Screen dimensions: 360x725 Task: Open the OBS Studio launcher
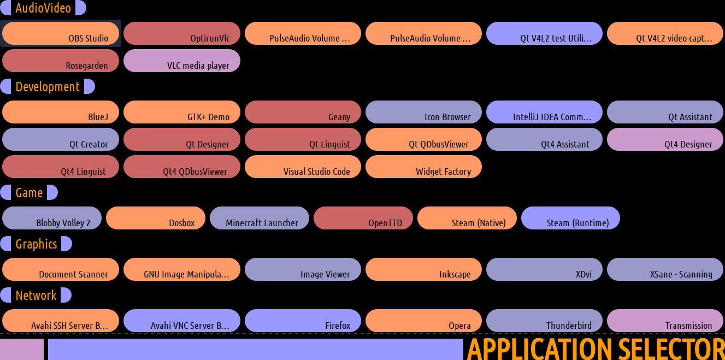coord(61,33)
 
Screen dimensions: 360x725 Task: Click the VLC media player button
coord(182,61)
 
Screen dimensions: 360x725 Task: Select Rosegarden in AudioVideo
coord(61,61)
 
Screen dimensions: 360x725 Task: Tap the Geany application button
coord(303,112)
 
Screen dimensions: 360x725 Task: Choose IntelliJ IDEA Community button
coord(544,112)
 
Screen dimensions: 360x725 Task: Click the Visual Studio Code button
coord(303,167)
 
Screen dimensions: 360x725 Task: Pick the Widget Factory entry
coord(423,167)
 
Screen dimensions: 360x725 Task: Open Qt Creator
coord(61,139)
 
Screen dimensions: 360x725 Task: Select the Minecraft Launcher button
coord(260,218)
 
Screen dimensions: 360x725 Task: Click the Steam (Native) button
coord(467,218)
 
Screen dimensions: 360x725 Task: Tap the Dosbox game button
coord(156,218)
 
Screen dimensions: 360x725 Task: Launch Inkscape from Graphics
coord(423,269)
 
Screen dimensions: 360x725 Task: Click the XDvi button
coord(544,269)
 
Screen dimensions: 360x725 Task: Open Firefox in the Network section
coord(303,321)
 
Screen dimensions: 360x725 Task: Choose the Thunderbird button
coord(544,321)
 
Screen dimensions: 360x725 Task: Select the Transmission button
coord(665,321)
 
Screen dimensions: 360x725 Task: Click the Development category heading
coord(48,87)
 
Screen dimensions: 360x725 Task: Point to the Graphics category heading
coord(36,244)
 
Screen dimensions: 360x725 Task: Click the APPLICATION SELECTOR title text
coord(596,349)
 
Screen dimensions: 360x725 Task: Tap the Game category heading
coord(29,193)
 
